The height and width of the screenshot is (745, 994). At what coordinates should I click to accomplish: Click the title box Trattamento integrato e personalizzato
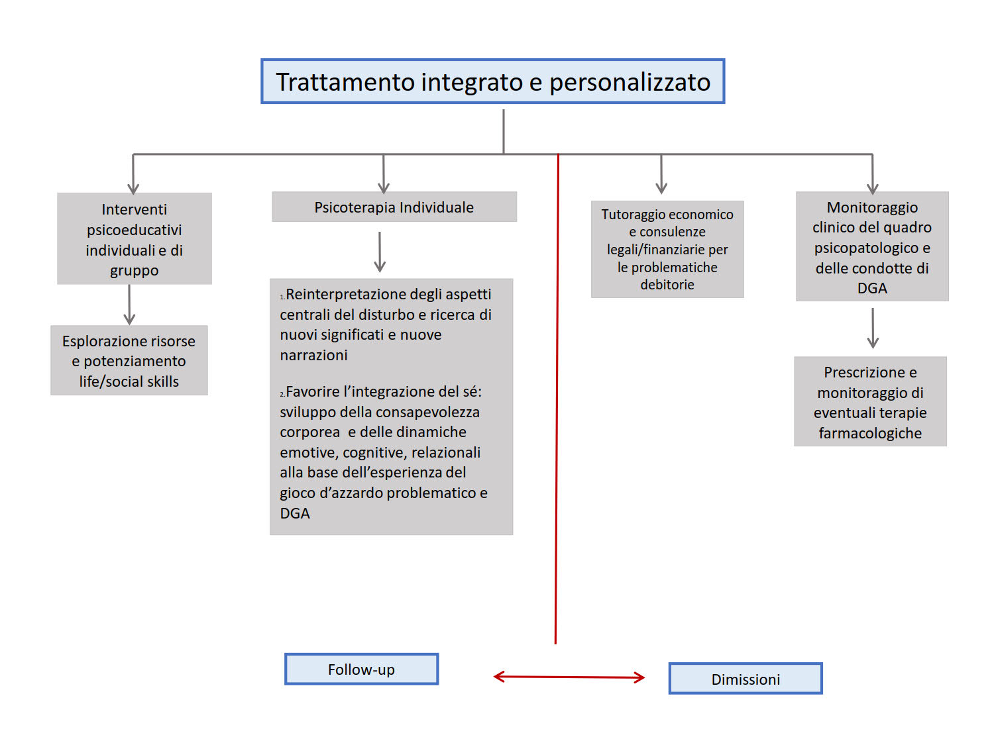click(492, 81)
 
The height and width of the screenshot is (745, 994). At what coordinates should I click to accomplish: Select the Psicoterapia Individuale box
click(394, 207)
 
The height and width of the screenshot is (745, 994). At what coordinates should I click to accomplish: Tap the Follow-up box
click(361, 670)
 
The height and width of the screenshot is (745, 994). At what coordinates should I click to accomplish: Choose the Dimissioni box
click(745, 679)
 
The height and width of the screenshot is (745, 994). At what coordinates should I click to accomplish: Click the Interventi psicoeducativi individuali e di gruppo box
click(135, 239)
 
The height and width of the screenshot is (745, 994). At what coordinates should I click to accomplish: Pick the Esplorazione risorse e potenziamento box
click(129, 360)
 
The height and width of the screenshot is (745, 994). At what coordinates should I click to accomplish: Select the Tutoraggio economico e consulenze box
click(667, 249)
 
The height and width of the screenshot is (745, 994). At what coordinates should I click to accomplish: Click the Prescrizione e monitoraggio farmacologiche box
click(870, 402)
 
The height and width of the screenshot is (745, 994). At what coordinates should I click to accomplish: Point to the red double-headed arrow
click(569, 677)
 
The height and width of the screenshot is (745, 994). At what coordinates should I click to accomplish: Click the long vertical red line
click(557, 397)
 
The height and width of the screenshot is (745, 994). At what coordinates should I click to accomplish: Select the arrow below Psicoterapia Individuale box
click(380, 252)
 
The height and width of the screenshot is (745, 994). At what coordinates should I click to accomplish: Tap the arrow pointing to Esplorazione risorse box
click(130, 305)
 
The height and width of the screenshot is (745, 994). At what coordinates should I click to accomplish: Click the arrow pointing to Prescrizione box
click(873, 328)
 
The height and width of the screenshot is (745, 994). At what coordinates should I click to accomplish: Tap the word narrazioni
click(313, 355)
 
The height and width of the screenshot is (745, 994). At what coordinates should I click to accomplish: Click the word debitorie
click(667, 285)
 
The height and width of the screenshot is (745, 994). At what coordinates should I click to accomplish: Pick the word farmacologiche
click(870, 433)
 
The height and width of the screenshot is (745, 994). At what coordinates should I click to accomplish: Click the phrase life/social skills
click(129, 381)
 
